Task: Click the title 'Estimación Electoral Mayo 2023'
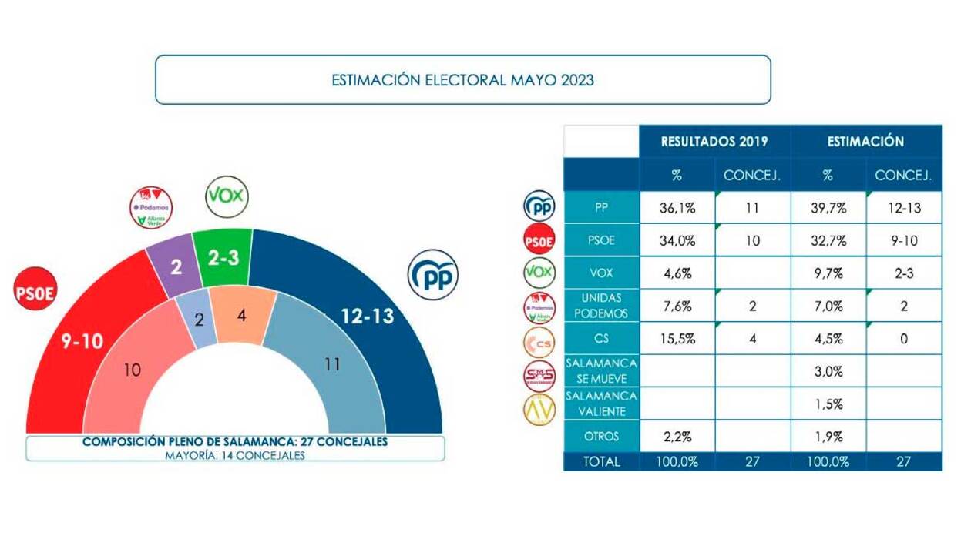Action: point(462,79)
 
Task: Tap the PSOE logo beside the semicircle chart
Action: point(36,293)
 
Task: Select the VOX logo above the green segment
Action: point(227,196)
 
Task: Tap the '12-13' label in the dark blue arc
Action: point(368,316)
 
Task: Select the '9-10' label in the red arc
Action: point(82,341)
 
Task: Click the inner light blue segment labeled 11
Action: point(331,364)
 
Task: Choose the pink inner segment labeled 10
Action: point(132,370)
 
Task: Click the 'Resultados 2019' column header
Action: point(714,142)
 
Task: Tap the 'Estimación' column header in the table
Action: point(865,142)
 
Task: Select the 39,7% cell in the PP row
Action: point(828,208)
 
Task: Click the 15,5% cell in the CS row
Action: point(677,339)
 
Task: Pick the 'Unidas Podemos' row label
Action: point(600,306)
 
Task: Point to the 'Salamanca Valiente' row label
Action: point(600,404)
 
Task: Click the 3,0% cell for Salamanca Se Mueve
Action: point(828,371)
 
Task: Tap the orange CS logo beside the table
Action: point(539,340)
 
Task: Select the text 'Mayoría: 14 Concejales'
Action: point(235,455)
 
